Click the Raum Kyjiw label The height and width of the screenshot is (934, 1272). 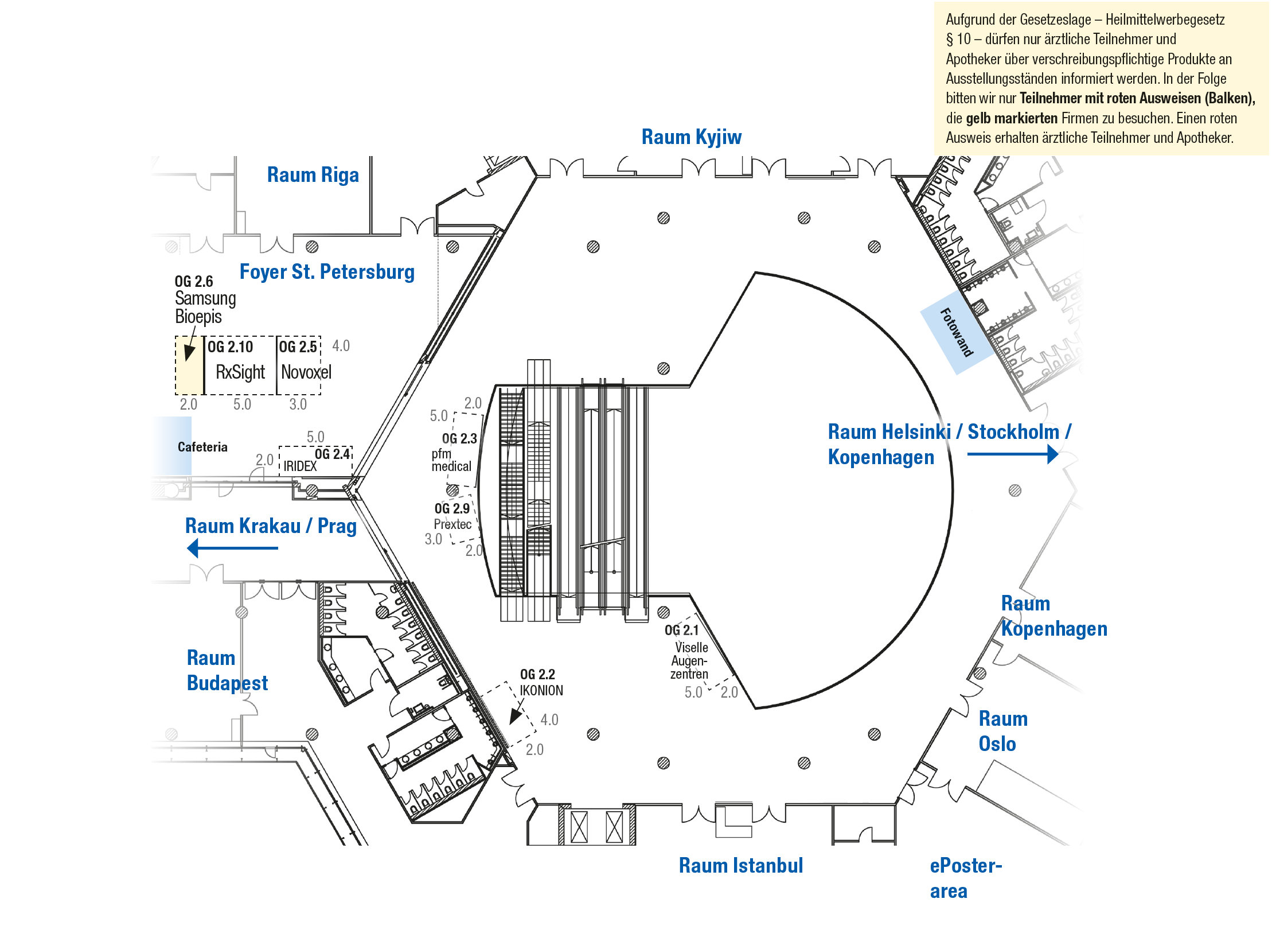click(x=691, y=137)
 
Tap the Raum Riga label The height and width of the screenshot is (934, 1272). click(x=313, y=174)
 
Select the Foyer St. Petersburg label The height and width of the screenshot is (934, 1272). click(x=327, y=271)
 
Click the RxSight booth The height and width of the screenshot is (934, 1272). click(x=240, y=365)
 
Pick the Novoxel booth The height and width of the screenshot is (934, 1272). click(x=299, y=365)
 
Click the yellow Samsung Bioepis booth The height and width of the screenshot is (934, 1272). click(x=189, y=365)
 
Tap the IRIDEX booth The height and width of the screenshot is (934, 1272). click(x=315, y=461)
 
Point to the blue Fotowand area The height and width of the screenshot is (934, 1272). click(x=956, y=332)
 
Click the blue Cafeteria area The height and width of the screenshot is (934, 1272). click(x=172, y=446)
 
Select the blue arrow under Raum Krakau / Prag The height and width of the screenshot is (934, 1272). click(x=232, y=548)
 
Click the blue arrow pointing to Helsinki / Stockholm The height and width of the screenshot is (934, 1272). click(x=1013, y=454)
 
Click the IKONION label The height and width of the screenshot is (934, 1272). click(x=541, y=690)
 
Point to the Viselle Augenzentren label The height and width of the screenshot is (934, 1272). click(x=689, y=660)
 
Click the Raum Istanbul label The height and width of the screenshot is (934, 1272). click(x=741, y=865)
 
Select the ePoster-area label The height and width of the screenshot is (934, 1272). click(x=966, y=878)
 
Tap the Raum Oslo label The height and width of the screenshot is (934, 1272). click(x=1003, y=731)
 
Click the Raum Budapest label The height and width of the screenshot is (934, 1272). click(x=227, y=670)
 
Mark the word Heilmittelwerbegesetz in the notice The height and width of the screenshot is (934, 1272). click(x=1165, y=20)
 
